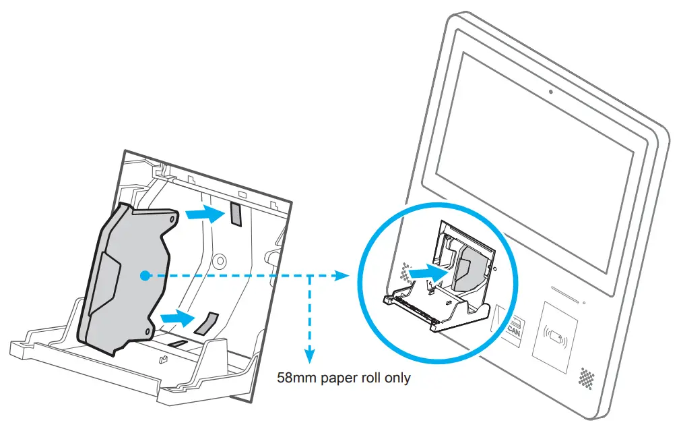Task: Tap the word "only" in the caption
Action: pos(396,378)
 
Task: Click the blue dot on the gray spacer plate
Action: pos(143,275)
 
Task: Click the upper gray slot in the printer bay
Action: pos(236,214)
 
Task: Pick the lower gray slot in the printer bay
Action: pos(207,323)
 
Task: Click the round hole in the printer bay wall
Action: pos(219,259)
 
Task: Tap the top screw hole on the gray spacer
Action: pos(173,219)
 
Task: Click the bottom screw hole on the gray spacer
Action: pos(149,329)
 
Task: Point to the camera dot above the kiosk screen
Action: pos(550,92)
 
